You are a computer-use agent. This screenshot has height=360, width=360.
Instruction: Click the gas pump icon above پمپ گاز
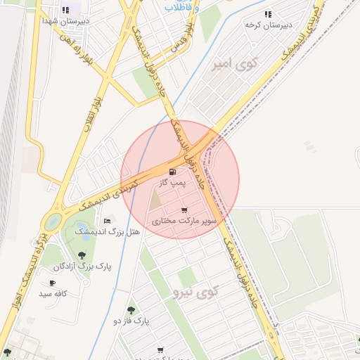(x=172, y=172)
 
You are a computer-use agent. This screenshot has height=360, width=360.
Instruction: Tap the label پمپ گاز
(x=172, y=183)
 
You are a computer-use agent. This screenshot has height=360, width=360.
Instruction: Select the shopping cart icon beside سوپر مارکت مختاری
(x=184, y=210)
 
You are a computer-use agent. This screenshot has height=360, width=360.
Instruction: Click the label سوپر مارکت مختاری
(x=184, y=221)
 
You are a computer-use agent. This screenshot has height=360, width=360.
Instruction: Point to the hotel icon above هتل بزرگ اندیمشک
(x=108, y=221)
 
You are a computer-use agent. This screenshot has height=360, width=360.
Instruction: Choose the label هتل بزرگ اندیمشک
(x=107, y=231)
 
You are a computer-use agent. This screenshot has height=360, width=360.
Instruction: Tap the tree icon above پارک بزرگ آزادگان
(x=82, y=255)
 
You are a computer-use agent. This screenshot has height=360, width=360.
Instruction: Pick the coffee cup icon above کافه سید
(x=52, y=283)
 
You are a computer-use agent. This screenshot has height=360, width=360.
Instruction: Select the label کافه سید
(x=53, y=294)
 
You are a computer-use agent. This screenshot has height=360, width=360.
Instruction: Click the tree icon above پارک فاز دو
(x=130, y=310)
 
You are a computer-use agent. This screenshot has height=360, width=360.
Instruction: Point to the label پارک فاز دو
(x=131, y=321)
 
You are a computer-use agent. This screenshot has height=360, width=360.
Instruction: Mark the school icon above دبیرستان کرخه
(x=267, y=14)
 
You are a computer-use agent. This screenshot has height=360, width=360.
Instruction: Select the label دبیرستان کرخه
(x=263, y=25)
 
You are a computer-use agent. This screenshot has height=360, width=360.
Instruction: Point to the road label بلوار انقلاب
(x=91, y=109)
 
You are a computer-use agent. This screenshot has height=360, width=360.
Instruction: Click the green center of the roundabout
(x=53, y=223)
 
